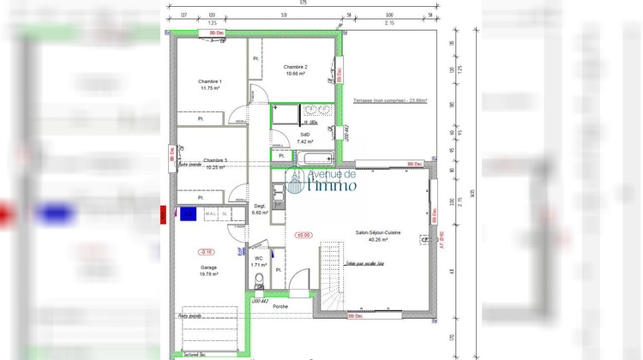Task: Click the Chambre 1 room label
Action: pyautogui.click(x=211, y=81)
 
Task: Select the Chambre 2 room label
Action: pyautogui.click(x=295, y=67)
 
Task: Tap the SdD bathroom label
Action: pyautogui.click(x=303, y=134)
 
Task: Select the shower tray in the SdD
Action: pyautogui.click(x=285, y=114)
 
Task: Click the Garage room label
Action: pyautogui.click(x=208, y=267)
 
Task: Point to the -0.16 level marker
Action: pyautogui.click(x=206, y=252)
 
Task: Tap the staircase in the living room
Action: pyautogui.click(x=331, y=279)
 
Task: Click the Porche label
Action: pyautogui.click(x=280, y=306)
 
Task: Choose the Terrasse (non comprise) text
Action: pyautogui.click(x=390, y=101)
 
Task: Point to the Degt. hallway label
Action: pyautogui.click(x=260, y=206)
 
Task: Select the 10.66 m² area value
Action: pyautogui.click(x=295, y=75)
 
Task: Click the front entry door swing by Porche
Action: pyautogui.click(x=298, y=279)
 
